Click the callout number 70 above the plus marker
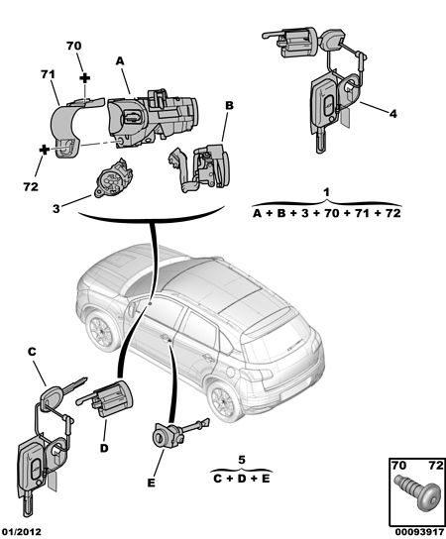tap(74, 46)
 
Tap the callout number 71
tap(48, 74)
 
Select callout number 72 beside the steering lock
tap(31, 187)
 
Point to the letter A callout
tap(119, 60)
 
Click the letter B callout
tap(229, 106)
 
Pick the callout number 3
tap(56, 209)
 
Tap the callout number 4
tap(393, 114)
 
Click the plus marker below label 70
tap(84, 78)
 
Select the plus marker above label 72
tap(45, 150)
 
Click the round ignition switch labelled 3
tap(113, 178)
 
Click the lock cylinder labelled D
tap(107, 397)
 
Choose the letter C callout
tap(32, 352)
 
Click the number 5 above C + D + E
tap(242, 460)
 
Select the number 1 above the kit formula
tap(327, 192)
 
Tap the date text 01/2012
tap(22, 532)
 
